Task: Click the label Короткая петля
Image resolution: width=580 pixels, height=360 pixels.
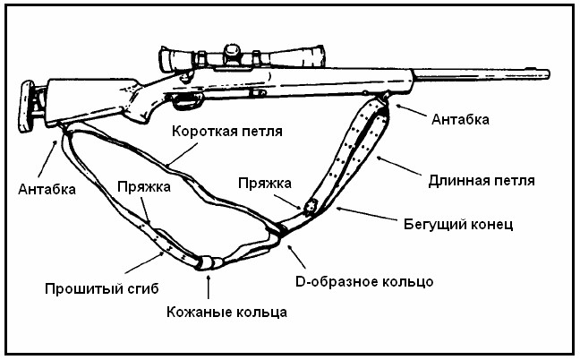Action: (x=227, y=131)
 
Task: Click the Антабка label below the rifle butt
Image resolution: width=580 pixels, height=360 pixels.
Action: (x=46, y=189)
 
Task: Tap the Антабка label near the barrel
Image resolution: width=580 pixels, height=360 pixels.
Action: (x=460, y=119)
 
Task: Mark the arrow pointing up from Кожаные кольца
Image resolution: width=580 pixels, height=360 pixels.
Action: (x=209, y=285)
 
